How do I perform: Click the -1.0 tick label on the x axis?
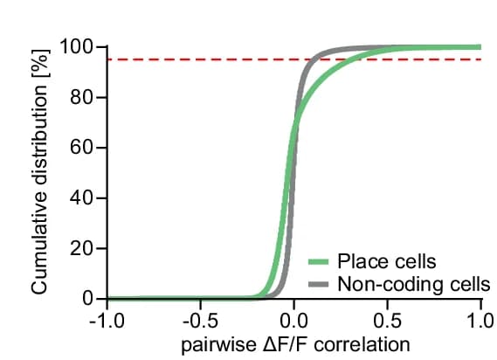pyautogui.click(x=107, y=322)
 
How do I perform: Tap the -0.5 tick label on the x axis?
pyautogui.click(x=200, y=322)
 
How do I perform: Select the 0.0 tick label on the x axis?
pyautogui.click(x=293, y=322)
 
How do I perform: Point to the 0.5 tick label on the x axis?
pyautogui.click(x=387, y=322)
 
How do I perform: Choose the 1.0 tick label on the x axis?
pyautogui.click(x=481, y=322)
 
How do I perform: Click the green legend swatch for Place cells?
pyautogui.click(x=319, y=261)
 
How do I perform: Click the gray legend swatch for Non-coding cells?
pyautogui.click(x=319, y=284)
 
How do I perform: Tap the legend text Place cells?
pyautogui.click(x=387, y=261)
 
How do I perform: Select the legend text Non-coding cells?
pyautogui.click(x=414, y=284)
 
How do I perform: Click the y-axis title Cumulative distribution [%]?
pyautogui.click(x=39, y=171)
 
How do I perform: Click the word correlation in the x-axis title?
pyautogui.click(x=362, y=344)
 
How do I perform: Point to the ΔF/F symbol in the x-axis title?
pyautogui.click(x=286, y=344)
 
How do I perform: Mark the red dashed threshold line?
pyautogui.click(x=294, y=59)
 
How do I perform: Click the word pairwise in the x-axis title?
pyautogui.click(x=219, y=345)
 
